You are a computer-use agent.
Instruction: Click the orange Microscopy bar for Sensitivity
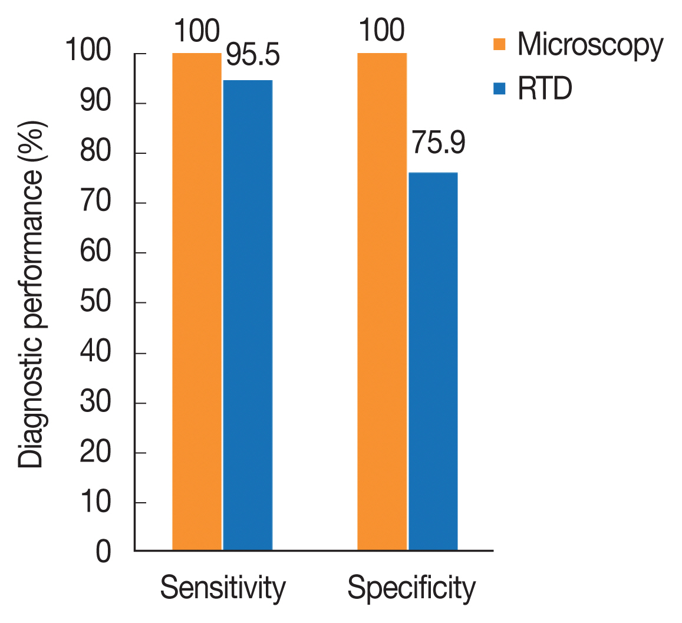tap(197, 302)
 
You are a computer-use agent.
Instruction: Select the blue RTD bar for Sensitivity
tap(248, 315)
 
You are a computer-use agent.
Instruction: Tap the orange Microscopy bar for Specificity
tap(382, 302)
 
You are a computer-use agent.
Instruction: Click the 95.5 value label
tap(253, 55)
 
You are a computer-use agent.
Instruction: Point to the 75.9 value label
tap(438, 143)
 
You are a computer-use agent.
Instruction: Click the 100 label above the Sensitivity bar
tap(196, 30)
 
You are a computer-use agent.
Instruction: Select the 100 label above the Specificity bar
tap(381, 30)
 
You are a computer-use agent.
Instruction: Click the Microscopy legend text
tap(590, 45)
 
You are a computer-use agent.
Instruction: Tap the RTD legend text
tap(545, 90)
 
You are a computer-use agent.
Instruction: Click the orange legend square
tap(500, 44)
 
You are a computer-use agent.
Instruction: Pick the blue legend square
tap(500, 88)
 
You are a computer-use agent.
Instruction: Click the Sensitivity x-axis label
tap(223, 588)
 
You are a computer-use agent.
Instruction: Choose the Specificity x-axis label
tap(411, 588)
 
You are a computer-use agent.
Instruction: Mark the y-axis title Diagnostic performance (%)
tap(31, 295)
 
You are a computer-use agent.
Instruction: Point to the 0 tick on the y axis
tap(103, 553)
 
